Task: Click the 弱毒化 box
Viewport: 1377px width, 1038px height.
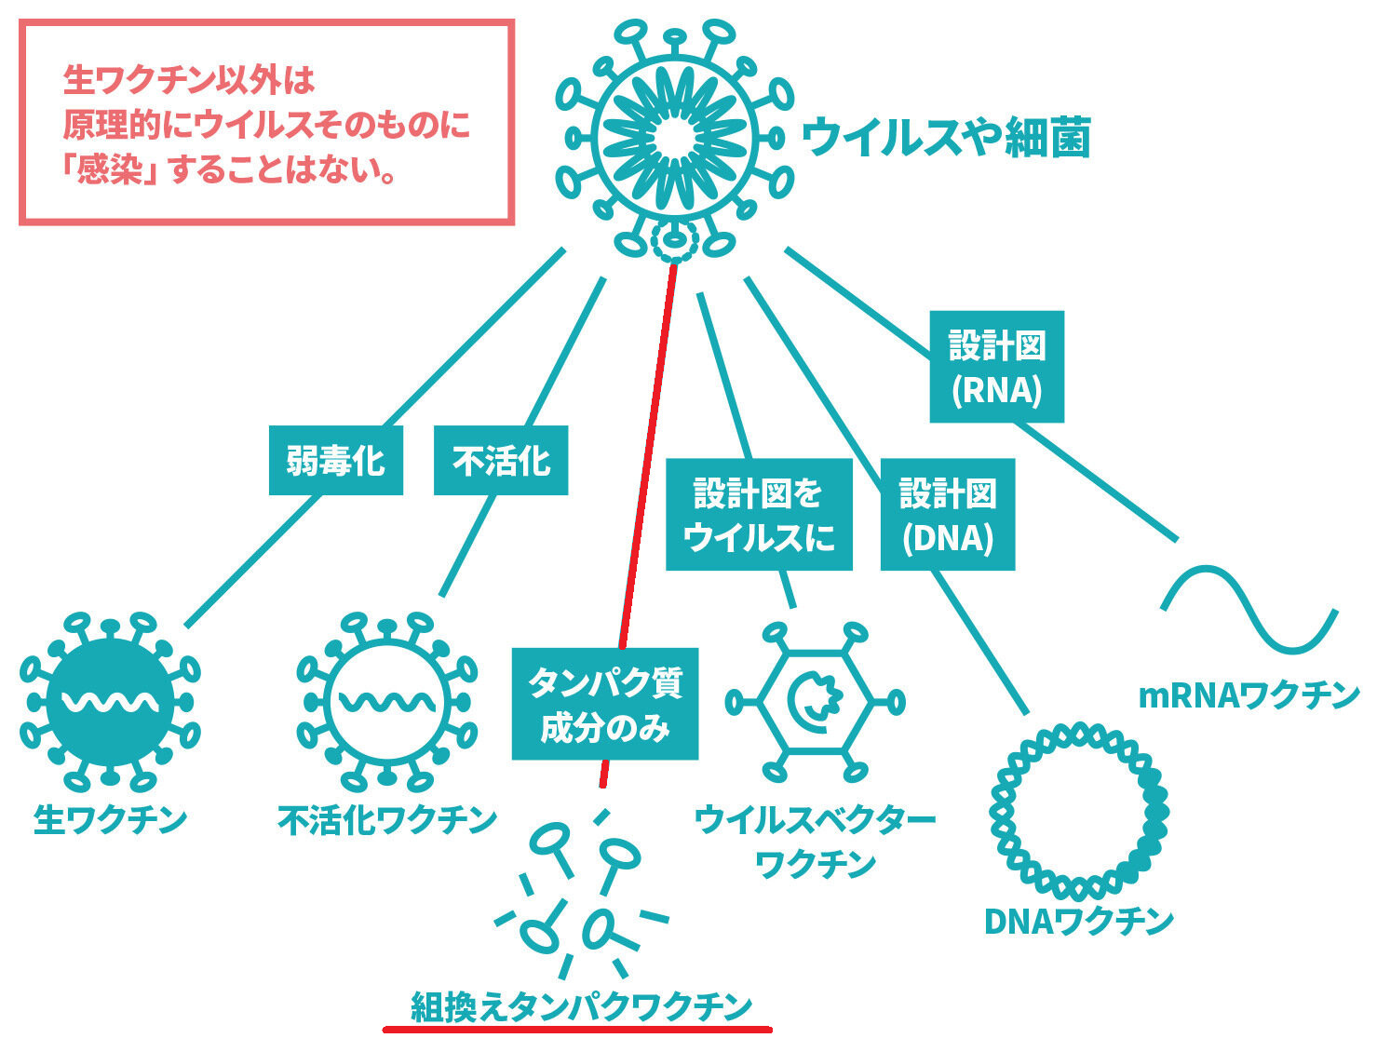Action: [335, 461]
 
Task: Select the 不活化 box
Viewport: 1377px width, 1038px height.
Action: [501, 461]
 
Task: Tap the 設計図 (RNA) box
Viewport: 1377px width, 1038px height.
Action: [996, 366]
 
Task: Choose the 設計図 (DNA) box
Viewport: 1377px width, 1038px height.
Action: [947, 514]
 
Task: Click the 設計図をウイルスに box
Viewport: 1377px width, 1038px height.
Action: [759, 514]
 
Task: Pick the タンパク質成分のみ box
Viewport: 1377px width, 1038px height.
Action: [605, 704]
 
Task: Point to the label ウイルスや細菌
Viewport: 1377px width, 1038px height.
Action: [946, 136]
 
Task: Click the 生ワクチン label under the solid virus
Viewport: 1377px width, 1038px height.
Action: [111, 820]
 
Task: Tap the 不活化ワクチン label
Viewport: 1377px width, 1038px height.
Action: [387, 820]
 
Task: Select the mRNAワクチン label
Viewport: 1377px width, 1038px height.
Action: [1249, 695]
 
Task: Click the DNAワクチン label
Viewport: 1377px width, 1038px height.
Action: [1079, 922]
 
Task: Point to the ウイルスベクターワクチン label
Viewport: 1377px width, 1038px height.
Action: [815, 842]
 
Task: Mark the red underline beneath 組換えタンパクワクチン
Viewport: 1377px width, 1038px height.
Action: [577, 1030]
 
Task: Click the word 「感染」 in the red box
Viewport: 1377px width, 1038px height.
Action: [109, 169]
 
